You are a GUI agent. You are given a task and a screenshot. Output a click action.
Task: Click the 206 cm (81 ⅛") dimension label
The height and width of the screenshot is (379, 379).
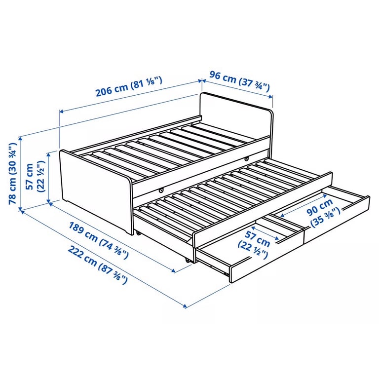129,86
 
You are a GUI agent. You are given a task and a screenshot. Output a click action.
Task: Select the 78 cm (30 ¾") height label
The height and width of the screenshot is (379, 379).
12,174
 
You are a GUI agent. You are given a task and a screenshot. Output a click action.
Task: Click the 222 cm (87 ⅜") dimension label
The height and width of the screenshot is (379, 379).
97,265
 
